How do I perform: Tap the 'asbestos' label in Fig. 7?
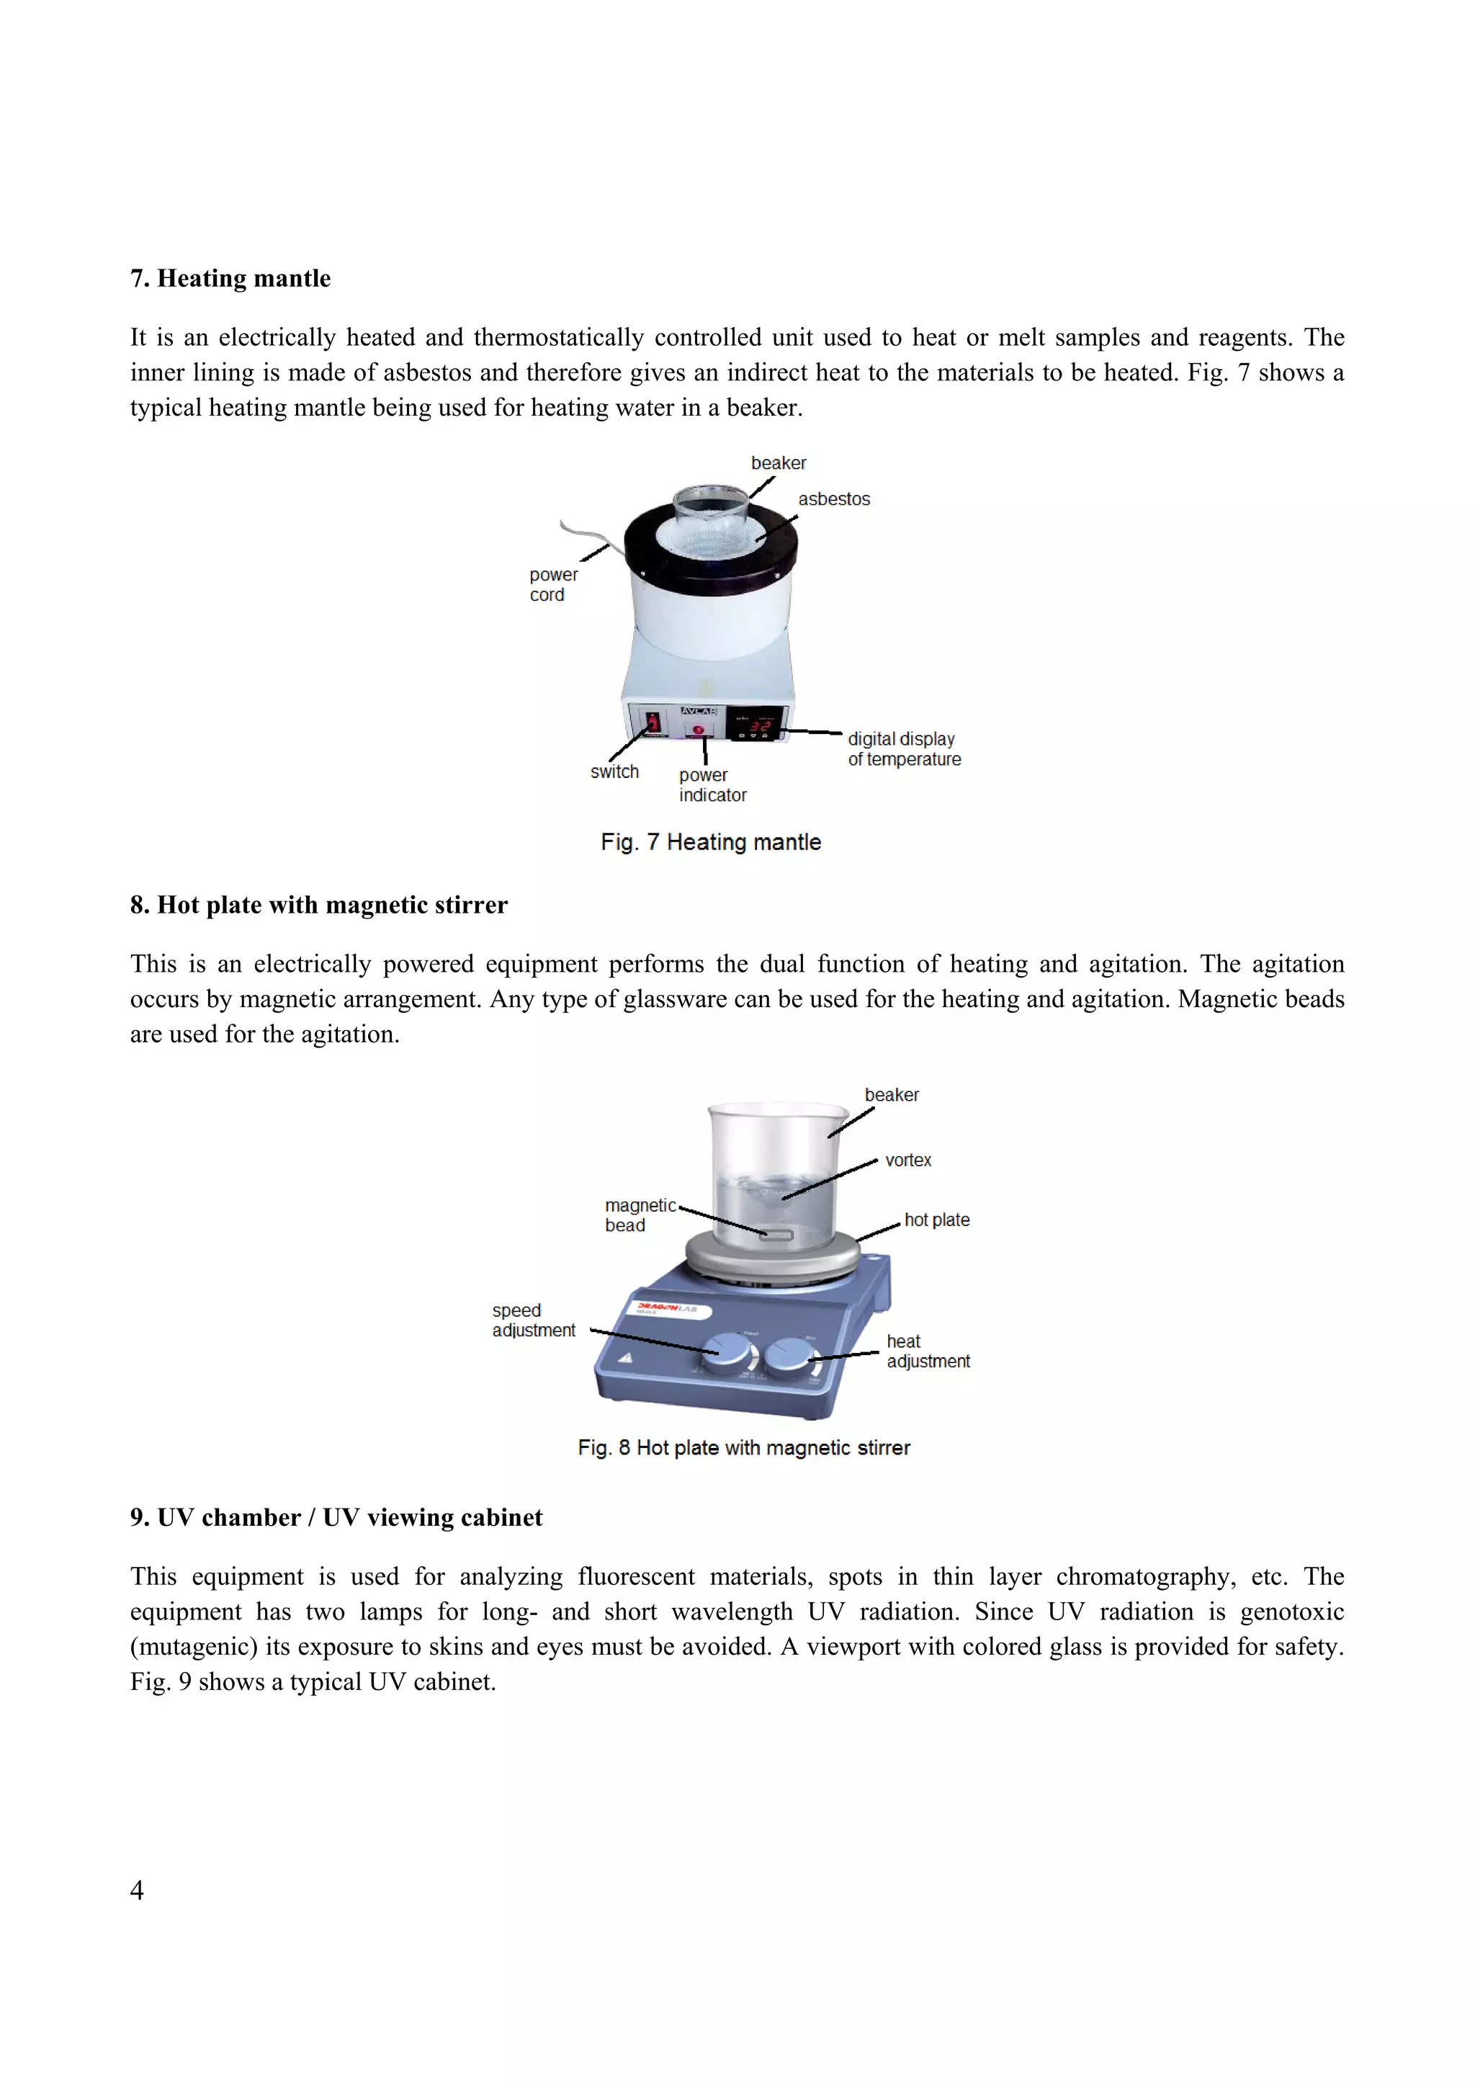tap(833, 499)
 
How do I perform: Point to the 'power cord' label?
tap(553, 584)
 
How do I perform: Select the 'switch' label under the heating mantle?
tap(614, 772)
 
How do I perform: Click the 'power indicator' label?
tap(712, 785)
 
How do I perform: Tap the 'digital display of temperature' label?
tap(905, 749)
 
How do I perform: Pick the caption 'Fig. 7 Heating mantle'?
tap(711, 843)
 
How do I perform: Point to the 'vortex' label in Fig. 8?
tap(908, 1160)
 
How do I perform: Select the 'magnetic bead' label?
tap(641, 1215)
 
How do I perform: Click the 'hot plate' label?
tap(937, 1220)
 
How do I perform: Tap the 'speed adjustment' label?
tap(534, 1320)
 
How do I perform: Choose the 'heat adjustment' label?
tap(928, 1351)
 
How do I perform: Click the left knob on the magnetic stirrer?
tap(729, 1352)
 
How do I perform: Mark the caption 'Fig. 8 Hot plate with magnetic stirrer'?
tap(743, 1448)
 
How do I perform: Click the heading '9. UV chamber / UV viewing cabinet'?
tap(336, 1517)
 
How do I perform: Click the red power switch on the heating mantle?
tap(653, 723)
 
